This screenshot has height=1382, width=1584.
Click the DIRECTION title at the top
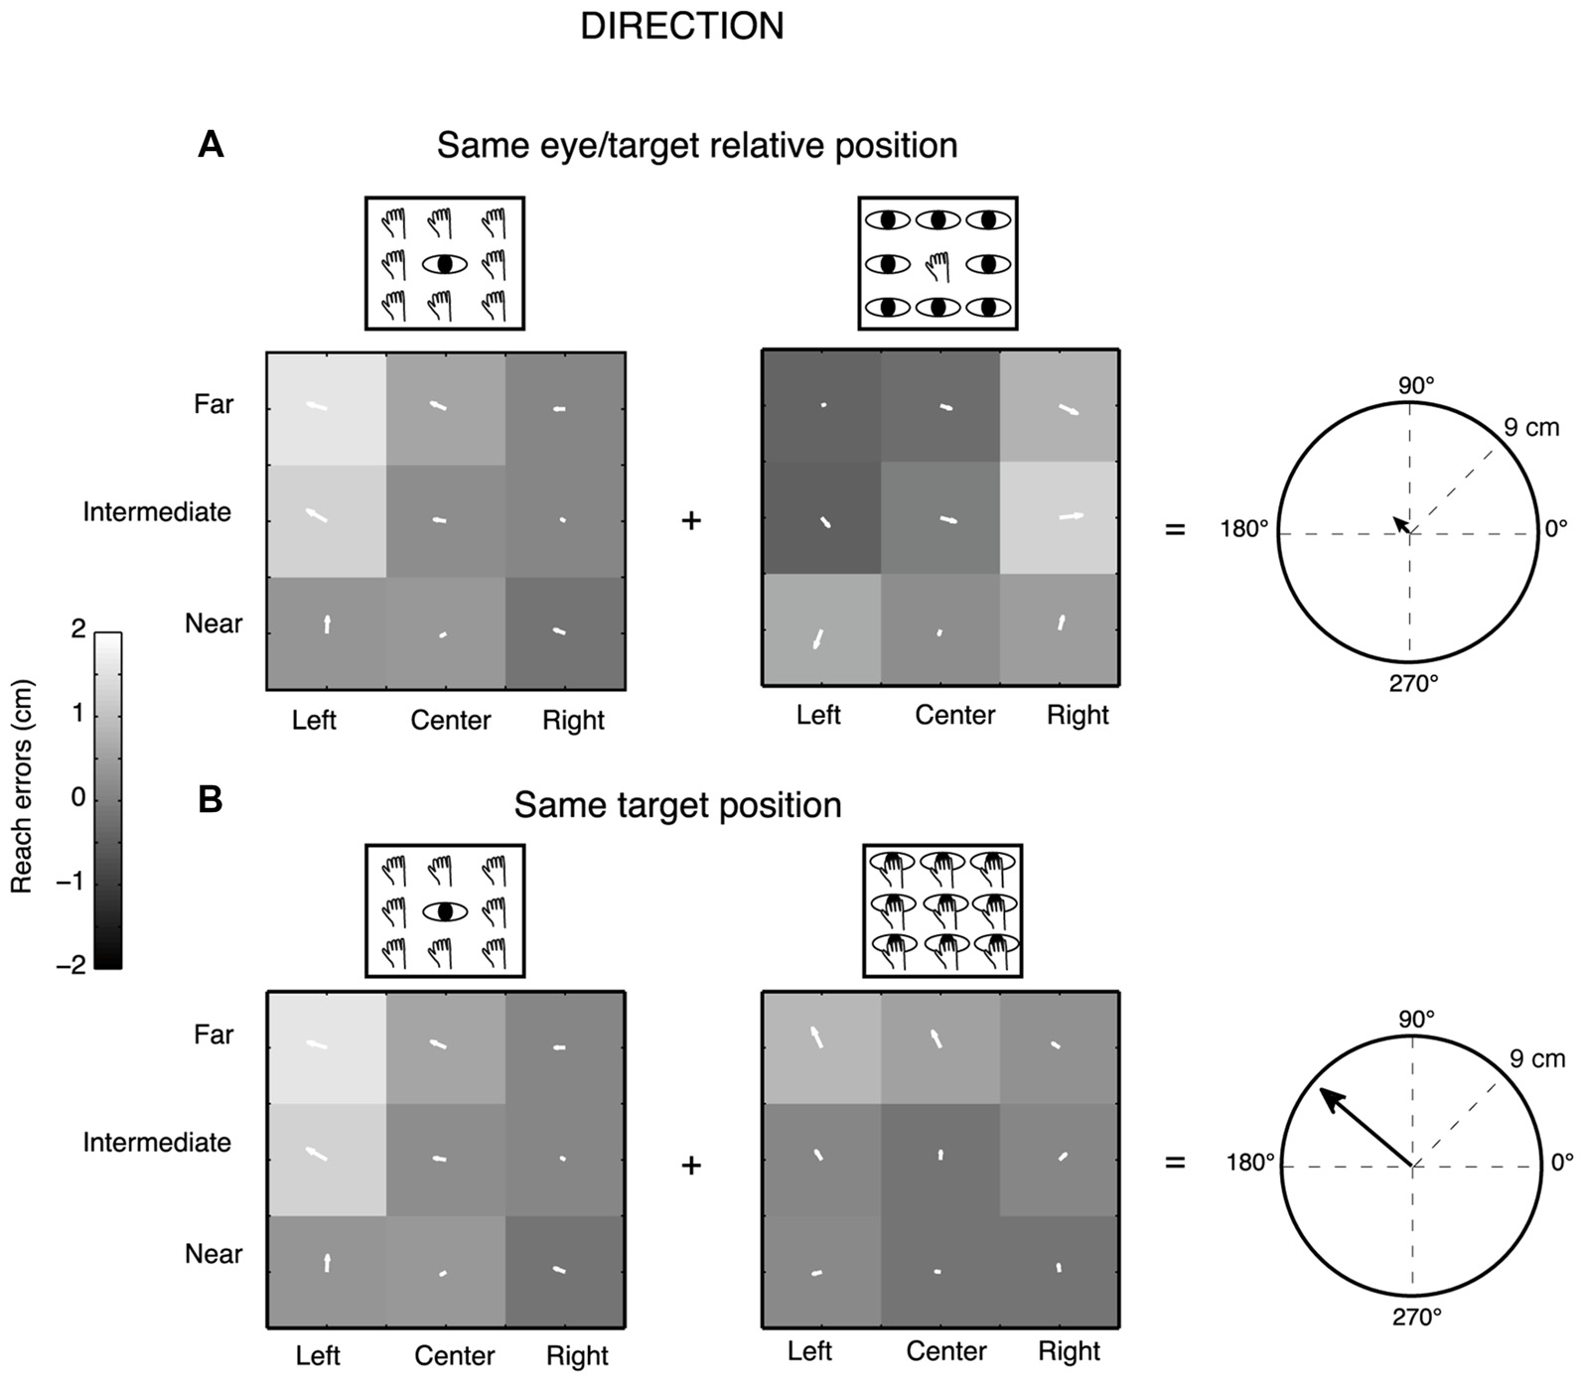682,27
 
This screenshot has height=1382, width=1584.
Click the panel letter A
211,146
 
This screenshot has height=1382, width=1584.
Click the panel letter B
211,800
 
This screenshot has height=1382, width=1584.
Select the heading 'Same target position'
677,805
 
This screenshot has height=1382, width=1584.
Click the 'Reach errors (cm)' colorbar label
22,786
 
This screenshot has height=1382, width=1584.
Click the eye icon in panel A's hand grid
444,264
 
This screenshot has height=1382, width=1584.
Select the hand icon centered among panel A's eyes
937,265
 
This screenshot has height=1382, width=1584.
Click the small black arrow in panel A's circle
1401,525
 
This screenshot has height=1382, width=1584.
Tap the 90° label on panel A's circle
1415,385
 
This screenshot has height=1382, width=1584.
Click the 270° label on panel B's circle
1416,1317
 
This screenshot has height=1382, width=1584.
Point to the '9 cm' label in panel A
1530,428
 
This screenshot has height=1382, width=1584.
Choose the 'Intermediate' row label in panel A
157,512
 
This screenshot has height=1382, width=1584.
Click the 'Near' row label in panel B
214,1254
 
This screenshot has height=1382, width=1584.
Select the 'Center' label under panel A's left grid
451,720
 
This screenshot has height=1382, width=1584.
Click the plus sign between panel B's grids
691,1165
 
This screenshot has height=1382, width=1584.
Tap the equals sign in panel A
1175,529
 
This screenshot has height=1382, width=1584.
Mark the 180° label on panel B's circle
1250,1163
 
